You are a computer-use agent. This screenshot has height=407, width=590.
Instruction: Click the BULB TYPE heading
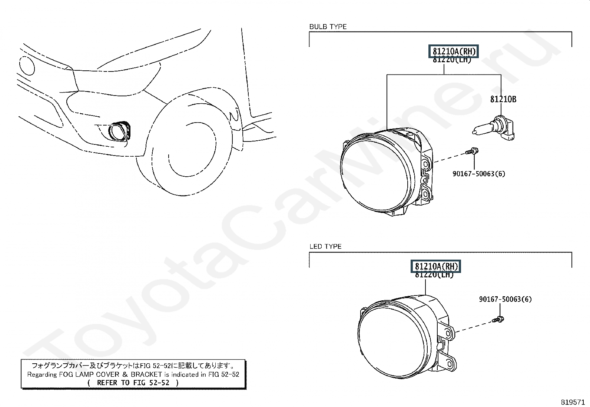point(328,27)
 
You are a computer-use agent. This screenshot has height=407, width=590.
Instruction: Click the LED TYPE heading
point(325,246)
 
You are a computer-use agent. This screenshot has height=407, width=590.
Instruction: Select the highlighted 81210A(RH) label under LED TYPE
point(436,266)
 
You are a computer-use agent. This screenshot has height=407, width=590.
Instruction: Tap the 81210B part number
point(503,99)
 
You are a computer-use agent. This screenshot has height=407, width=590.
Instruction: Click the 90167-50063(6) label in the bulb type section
point(478,173)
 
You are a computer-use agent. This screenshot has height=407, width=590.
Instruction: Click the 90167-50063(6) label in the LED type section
point(505,299)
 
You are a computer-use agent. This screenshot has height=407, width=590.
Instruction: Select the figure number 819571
point(572,402)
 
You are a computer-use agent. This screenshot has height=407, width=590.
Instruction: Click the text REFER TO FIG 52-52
point(133,383)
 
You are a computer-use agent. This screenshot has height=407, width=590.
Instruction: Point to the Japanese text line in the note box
point(133,366)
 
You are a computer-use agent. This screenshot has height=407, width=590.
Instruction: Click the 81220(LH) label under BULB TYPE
point(452,60)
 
